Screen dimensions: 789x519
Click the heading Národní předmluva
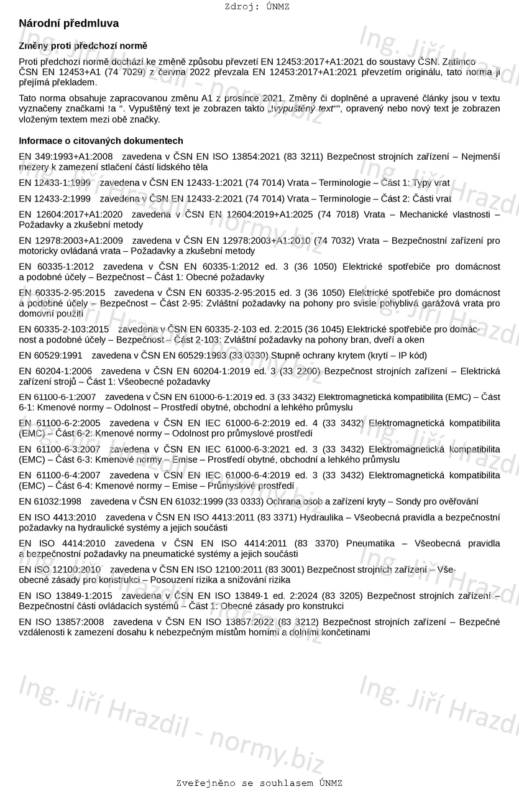coord(68,24)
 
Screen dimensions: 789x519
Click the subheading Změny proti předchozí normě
coord(83,46)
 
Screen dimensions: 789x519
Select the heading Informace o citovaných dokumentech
coord(101,141)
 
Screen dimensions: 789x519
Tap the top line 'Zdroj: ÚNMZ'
coord(257,7)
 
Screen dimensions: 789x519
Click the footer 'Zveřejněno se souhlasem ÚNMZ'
coord(259,783)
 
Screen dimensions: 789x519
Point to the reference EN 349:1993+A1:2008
coord(66,157)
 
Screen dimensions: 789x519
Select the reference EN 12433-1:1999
coord(55,183)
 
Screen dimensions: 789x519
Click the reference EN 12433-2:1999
coord(55,199)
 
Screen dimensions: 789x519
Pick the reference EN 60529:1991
coord(50,356)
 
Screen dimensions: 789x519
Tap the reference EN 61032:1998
coord(50,502)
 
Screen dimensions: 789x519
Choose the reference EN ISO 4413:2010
coord(57,517)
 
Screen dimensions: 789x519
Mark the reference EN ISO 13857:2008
coord(62,622)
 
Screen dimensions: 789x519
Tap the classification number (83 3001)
coord(285,570)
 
